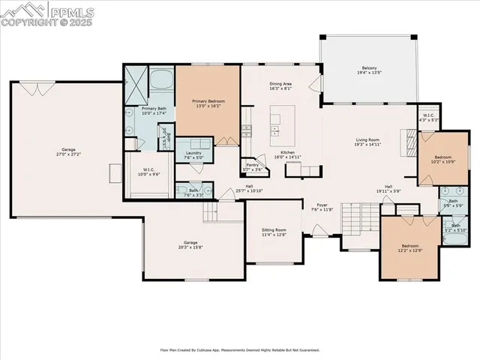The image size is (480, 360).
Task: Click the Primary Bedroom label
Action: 208,100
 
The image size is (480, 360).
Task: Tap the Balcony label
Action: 369,68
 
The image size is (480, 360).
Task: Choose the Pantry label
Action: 250,166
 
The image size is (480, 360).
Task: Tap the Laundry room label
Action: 193,153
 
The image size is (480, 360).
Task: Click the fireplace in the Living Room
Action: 409,141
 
